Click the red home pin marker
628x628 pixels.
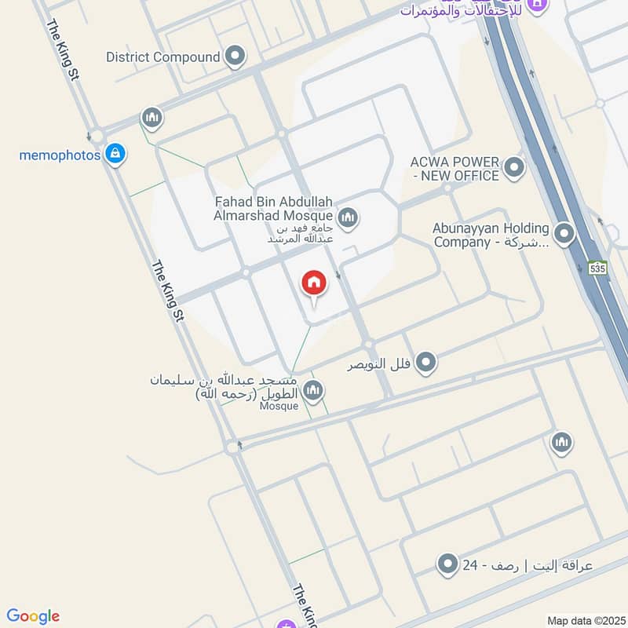coord(313,284)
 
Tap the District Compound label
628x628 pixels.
coord(162,57)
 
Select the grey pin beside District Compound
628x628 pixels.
coord(235,57)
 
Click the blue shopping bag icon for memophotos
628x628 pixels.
coord(115,154)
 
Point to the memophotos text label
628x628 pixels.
coord(60,155)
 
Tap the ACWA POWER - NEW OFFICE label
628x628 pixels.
coord(455,168)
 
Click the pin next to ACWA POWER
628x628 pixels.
coord(514,167)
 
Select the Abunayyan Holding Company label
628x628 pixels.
coord(491,235)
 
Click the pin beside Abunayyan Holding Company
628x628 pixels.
coord(564,234)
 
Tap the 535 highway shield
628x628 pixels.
coord(598,268)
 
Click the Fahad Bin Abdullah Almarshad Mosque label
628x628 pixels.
coord(272,208)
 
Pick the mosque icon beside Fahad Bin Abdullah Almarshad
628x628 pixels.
coord(348,217)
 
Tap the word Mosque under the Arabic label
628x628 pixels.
coord(279,406)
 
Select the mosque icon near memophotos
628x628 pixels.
coord(152,119)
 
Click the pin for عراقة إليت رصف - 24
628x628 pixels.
coord(447,564)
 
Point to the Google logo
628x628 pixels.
coord(33,616)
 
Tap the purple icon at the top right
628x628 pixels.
coord(537,5)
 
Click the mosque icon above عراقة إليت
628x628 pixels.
coord(561,444)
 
